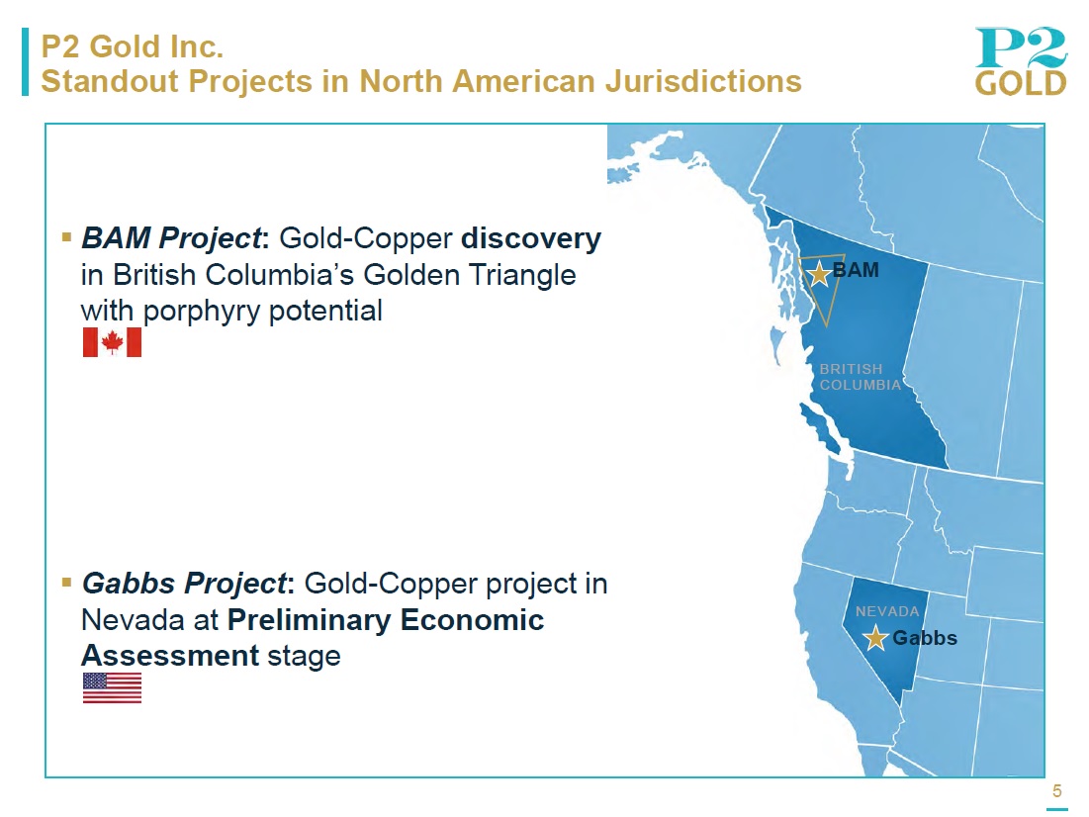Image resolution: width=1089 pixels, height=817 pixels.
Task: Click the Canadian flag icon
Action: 112,342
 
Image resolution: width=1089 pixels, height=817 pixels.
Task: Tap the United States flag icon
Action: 112,687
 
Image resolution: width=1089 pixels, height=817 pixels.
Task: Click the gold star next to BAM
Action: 820,274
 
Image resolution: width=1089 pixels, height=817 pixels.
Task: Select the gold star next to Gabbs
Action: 875,638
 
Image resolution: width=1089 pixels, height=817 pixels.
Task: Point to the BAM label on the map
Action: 856,270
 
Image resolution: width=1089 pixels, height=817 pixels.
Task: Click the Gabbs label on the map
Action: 925,638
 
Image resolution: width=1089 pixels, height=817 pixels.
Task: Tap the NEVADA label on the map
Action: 887,611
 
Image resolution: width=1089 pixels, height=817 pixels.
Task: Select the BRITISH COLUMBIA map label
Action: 860,377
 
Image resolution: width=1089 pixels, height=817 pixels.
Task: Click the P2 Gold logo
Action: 1020,61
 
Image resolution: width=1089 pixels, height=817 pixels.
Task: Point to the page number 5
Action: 1057,790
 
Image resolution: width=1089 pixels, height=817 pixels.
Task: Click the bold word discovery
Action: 531,238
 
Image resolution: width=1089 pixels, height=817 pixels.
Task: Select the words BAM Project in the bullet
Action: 171,238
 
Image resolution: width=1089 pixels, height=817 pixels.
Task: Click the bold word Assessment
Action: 170,656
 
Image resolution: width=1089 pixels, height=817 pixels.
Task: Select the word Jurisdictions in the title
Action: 703,82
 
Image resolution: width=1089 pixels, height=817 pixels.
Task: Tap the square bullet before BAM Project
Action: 66,237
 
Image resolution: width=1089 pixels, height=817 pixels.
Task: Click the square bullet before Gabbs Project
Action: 66,583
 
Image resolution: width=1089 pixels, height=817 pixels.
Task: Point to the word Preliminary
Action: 309,620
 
